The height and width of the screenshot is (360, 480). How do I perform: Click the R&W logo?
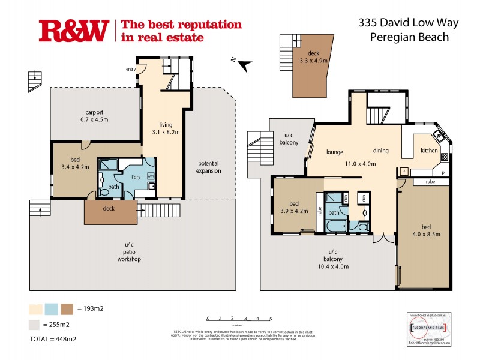pyautogui.click(x=74, y=31)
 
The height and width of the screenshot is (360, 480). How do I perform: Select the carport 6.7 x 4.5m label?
pyautogui.click(x=97, y=115)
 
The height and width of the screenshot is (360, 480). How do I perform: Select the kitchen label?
pyautogui.click(x=429, y=151)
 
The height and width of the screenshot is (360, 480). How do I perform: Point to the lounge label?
pyautogui.click(x=334, y=152)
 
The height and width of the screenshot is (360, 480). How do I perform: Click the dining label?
pyautogui.click(x=381, y=151)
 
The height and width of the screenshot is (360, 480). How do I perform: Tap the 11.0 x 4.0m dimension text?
pyautogui.click(x=360, y=163)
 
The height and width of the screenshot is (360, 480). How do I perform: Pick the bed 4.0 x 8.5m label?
pyautogui.click(x=425, y=230)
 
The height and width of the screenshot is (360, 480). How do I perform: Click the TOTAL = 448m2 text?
pyautogui.click(x=52, y=339)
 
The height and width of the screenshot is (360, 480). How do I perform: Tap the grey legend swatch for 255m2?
pyautogui.click(x=35, y=325)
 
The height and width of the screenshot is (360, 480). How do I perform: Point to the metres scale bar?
pyautogui.click(x=239, y=319)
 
